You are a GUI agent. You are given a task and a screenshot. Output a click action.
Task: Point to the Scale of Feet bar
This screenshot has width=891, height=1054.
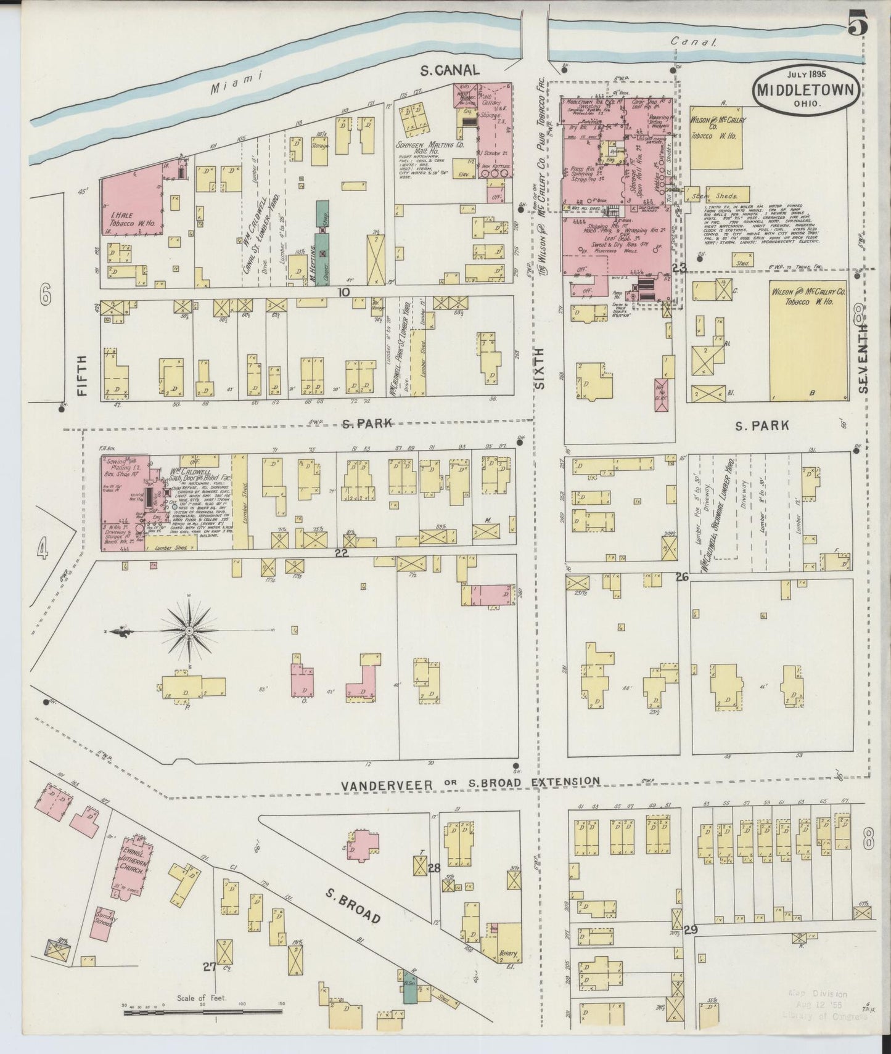(x=203, y=1011)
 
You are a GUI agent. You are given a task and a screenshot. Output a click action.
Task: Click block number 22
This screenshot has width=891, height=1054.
(x=342, y=553)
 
